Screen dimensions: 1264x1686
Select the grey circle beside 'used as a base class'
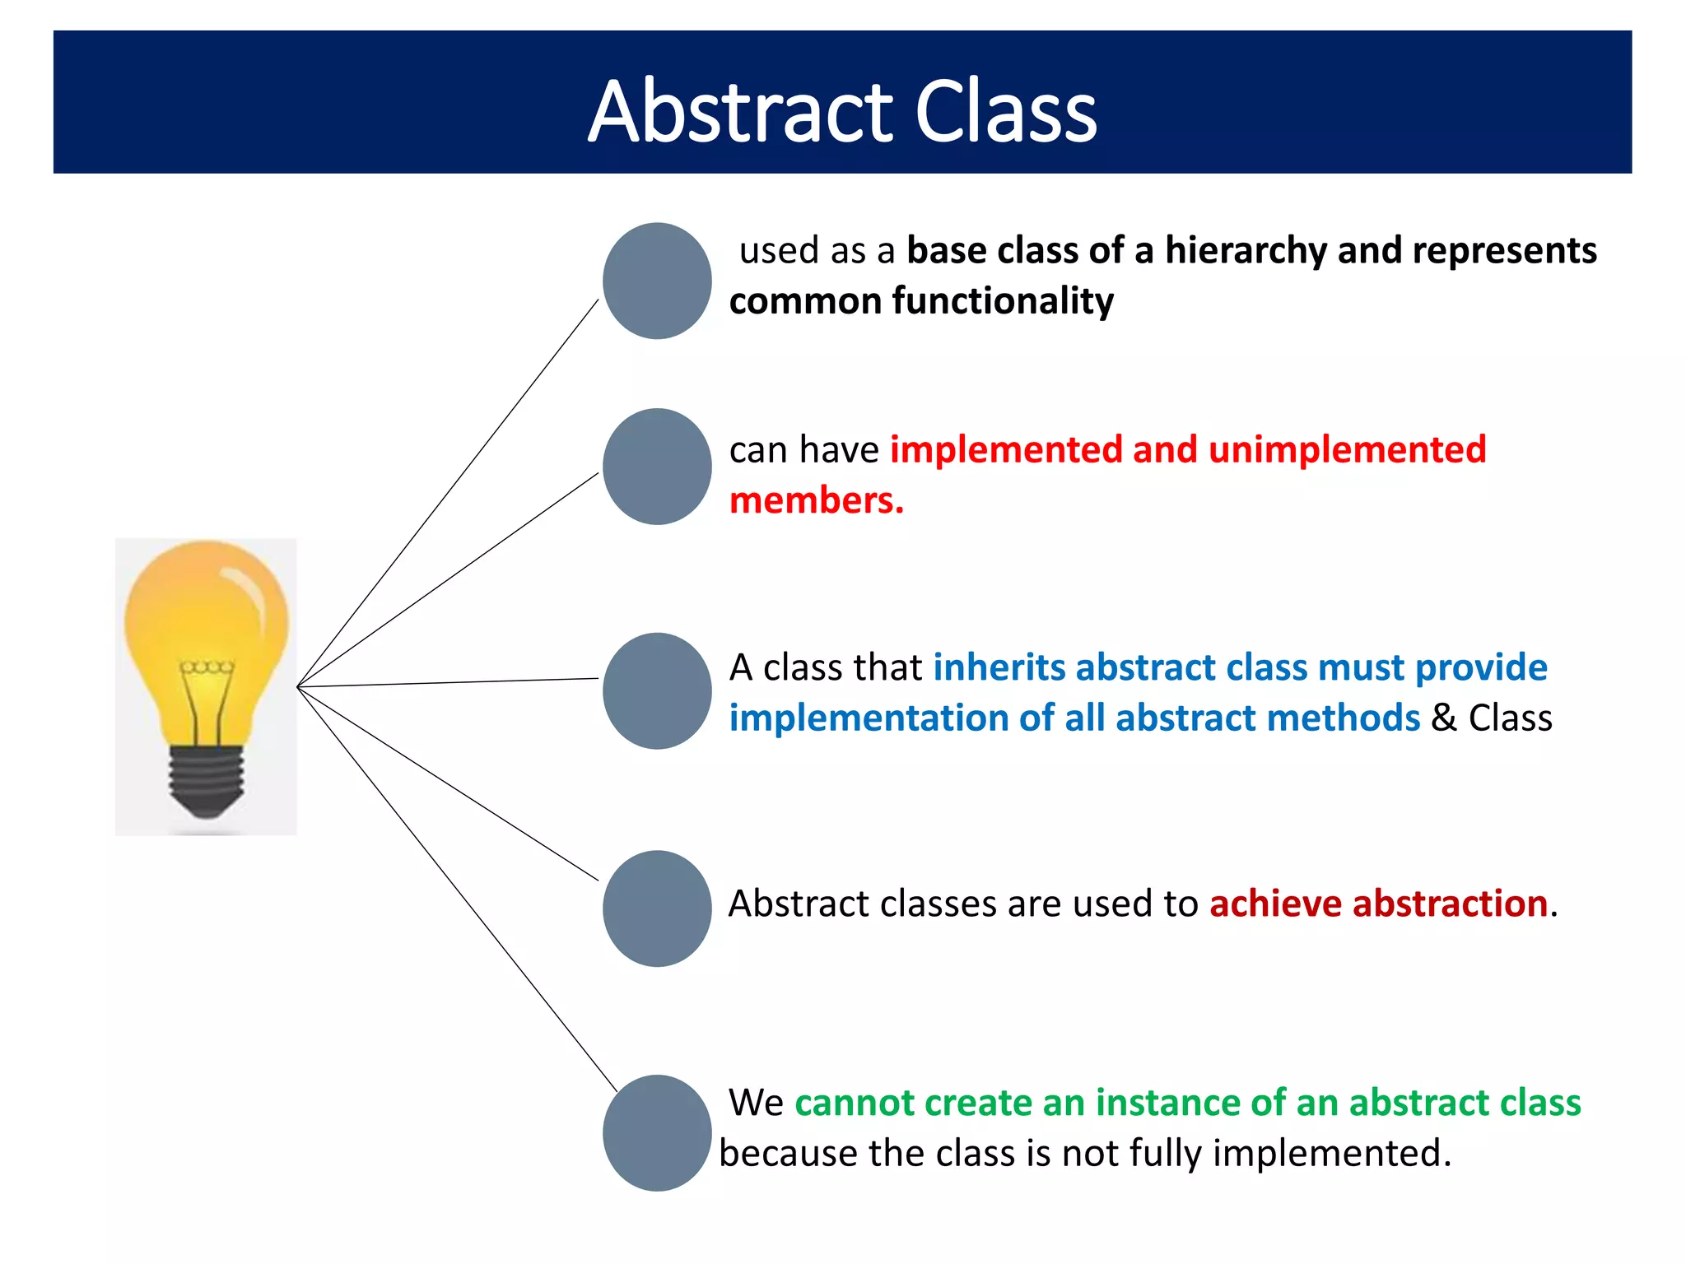[657, 281]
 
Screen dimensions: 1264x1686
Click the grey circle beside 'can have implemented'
[657, 467]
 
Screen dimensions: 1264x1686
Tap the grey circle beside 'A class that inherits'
[657, 690]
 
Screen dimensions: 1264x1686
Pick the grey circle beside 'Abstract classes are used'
[657, 908]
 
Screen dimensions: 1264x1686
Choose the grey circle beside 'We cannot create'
[657, 1133]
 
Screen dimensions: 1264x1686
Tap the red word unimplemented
[1347, 450]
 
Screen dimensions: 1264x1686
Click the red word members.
[815, 501]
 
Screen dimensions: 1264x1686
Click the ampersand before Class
[1443, 718]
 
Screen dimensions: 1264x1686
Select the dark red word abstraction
[1450, 904]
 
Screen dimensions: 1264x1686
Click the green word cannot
[854, 1103]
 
